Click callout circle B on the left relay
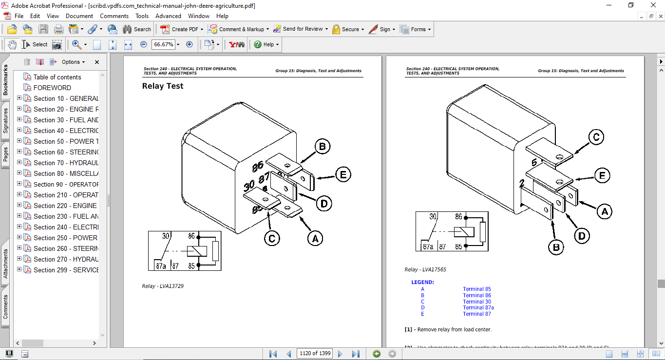(322, 147)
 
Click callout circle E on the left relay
(343, 174)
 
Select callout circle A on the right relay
(605, 211)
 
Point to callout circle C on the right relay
(596, 137)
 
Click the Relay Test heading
(163, 86)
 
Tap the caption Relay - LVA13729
(163, 286)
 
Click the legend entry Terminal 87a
(478, 307)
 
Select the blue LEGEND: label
(422, 282)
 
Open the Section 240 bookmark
(66, 227)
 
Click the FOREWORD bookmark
(52, 88)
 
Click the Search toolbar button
(137, 29)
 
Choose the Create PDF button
(180, 29)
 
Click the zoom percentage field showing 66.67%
(163, 44)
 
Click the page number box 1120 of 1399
(315, 353)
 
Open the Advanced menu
(168, 16)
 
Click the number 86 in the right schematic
(458, 217)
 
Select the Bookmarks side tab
(5, 80)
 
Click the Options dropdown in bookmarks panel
(73, 62)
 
